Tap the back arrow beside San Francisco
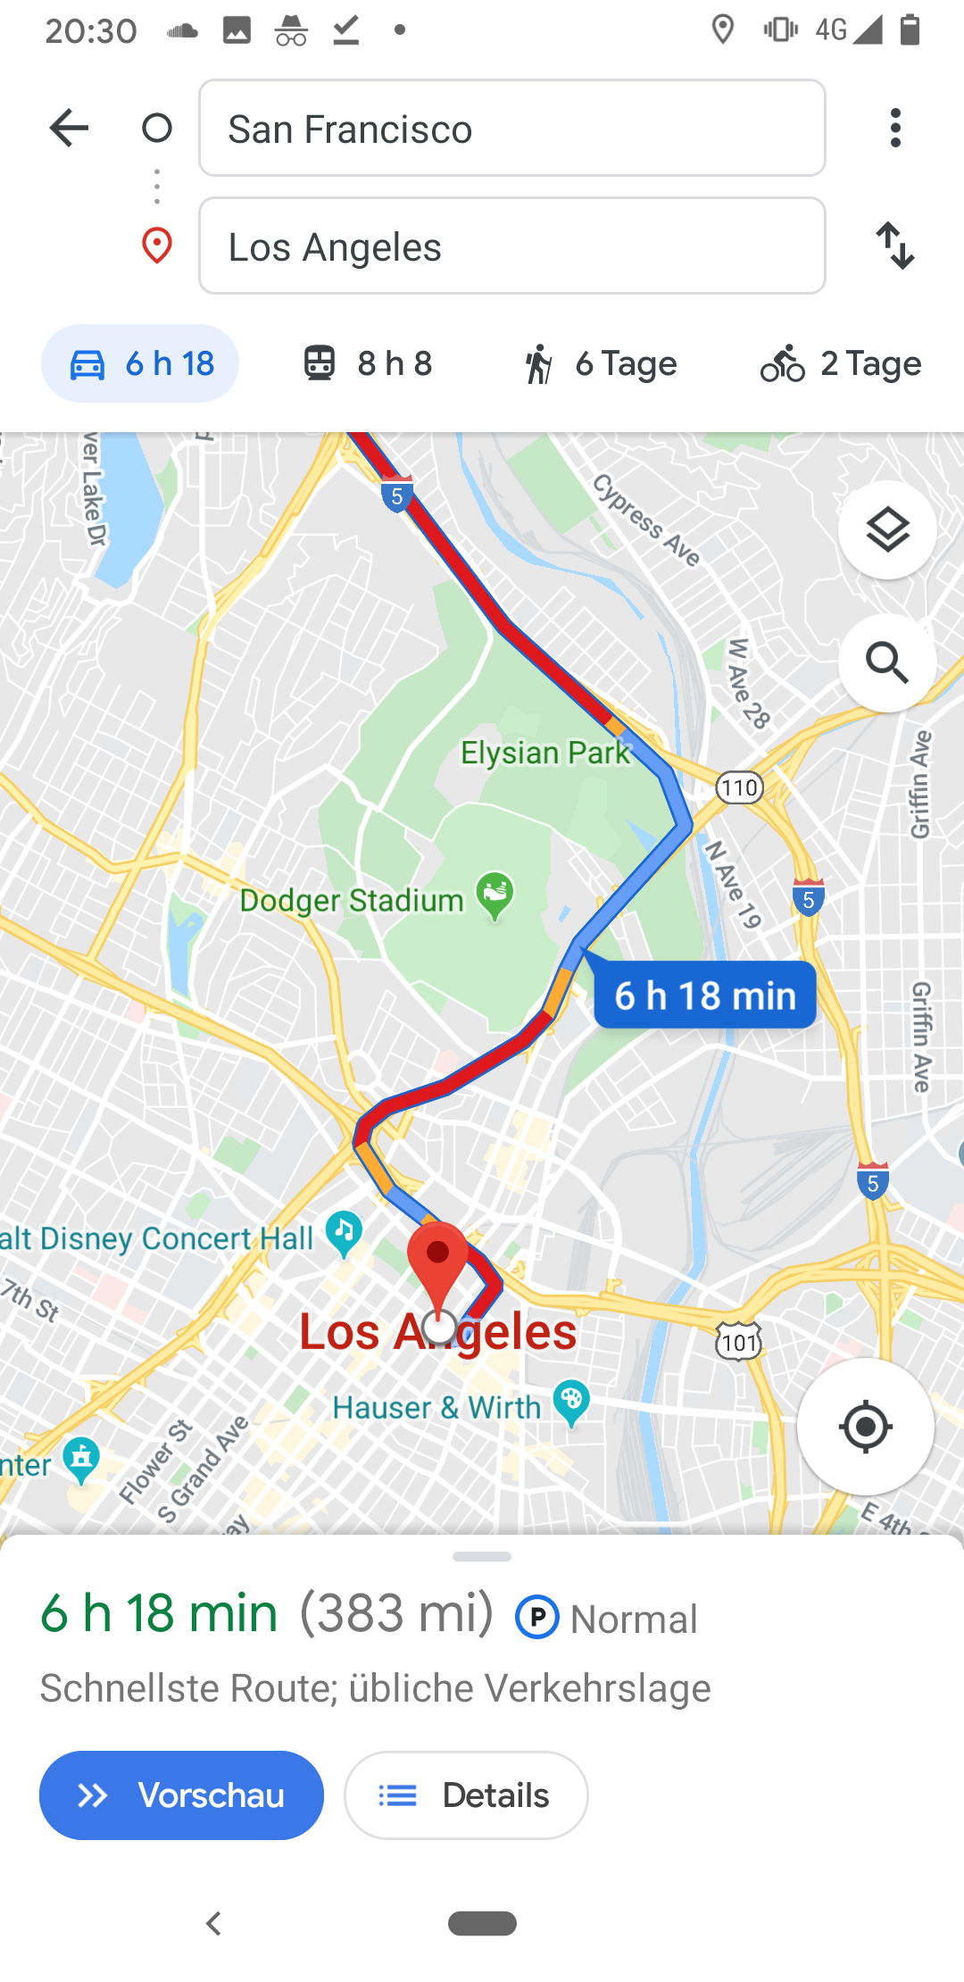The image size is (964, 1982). [x=69, y=129]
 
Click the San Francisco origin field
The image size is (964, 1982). [x=511, y=129]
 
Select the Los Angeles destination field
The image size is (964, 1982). [x=511, y=246]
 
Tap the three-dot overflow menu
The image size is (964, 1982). [x=895, y=129]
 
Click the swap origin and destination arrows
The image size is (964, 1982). [x=895, y=246]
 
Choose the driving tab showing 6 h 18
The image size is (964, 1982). [x=140, y=363]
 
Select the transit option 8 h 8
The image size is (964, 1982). [x=367, y=363]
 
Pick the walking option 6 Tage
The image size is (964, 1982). [x=600, y=363]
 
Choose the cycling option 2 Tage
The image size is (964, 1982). [x=840, y=363]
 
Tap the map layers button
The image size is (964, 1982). [x=887, y=530]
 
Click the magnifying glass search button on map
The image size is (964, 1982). [x=887, y=662]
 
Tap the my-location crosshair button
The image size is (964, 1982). [x=865, y=1427]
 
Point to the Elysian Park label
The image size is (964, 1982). [x=544, y=753]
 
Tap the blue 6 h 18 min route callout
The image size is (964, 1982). [x=705, y=995]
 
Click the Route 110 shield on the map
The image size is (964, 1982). [x=740, y=787]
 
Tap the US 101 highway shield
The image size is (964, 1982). [x=739, y=1342]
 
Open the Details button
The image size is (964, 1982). [x=466, y=1795]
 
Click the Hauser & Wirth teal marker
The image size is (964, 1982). [x=571, y=1401]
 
